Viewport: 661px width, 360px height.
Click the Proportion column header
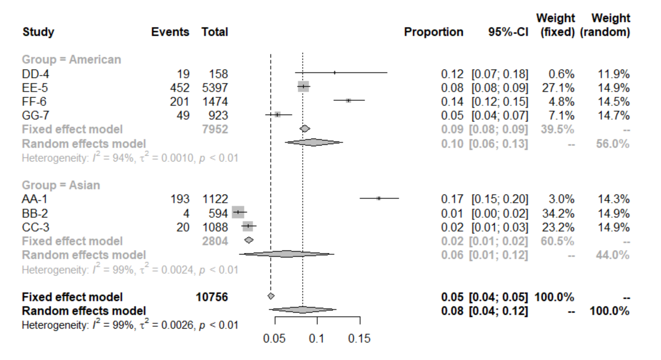click(x=433, y=32)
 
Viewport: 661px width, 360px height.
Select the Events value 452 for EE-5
click(x=180, y=88)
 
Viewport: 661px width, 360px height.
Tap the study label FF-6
click(x=34, y=102)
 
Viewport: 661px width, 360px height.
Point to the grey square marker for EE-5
click(x=303, y=87)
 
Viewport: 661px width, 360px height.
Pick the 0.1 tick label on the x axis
click(x=317, y=339)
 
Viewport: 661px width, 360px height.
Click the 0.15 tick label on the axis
click(x=359, y=339)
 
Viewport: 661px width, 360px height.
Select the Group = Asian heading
click(x=61, y=185)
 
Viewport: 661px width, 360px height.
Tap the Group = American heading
click(x=71, y=60)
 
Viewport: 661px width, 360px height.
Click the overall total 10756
click(x=211, y=297)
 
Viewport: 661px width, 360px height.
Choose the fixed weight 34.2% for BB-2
click(x=558, y=214)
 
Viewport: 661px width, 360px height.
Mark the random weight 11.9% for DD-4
click(x=613, y=74)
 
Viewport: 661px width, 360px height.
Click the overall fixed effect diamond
click(x=271, y=296)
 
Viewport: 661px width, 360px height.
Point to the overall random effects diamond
click(x=303, y=310)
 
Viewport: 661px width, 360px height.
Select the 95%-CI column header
click(x=508, y=32)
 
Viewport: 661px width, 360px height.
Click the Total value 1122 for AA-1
click(x=215, y=199)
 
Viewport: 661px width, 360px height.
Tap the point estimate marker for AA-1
click(x=379, y=198)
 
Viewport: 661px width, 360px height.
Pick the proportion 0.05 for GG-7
click(x=452, y=116)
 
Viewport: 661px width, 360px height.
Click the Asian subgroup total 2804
click(x=215, y=241)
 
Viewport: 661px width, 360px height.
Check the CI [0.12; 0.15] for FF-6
click(x=500, y=102)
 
